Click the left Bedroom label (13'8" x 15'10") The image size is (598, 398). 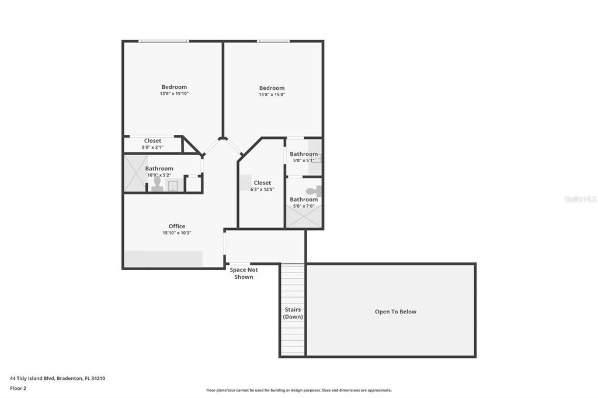point(174,87)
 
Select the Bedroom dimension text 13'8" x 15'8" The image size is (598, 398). point(272,95)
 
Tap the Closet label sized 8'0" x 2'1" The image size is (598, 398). point(152,141)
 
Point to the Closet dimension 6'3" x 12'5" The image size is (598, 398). point(262,189)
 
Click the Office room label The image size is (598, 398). point(177,226)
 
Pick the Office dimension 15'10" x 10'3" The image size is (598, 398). point(177,233)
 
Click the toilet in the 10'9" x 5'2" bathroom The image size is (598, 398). point(157,184)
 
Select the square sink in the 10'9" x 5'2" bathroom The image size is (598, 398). point(173,186)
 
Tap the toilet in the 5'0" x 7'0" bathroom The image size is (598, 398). point(314,191)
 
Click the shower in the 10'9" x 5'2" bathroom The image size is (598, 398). point(134,173)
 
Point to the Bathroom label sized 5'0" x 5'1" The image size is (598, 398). point(304,154)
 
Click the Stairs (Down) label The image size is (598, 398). point(293,313)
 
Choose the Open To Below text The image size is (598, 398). point(395,312)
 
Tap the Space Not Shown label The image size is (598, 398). point(244,273)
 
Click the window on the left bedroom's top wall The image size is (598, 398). point(164,41)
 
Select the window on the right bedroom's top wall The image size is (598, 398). point(273,41)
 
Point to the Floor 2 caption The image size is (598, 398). point(18,388)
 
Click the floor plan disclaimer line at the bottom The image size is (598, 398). point(298,390)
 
